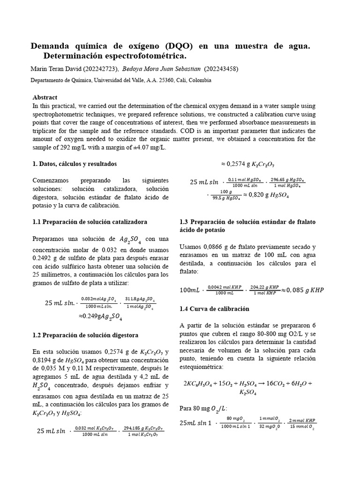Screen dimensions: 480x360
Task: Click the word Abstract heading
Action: coord(45,97)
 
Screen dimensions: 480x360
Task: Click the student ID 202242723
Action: coord(100,69)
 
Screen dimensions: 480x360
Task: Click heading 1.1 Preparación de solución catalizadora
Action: coord(90,221)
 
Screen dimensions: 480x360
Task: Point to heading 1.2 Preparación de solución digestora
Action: coord(85,335)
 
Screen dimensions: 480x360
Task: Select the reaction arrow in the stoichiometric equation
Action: coord(258,383)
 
